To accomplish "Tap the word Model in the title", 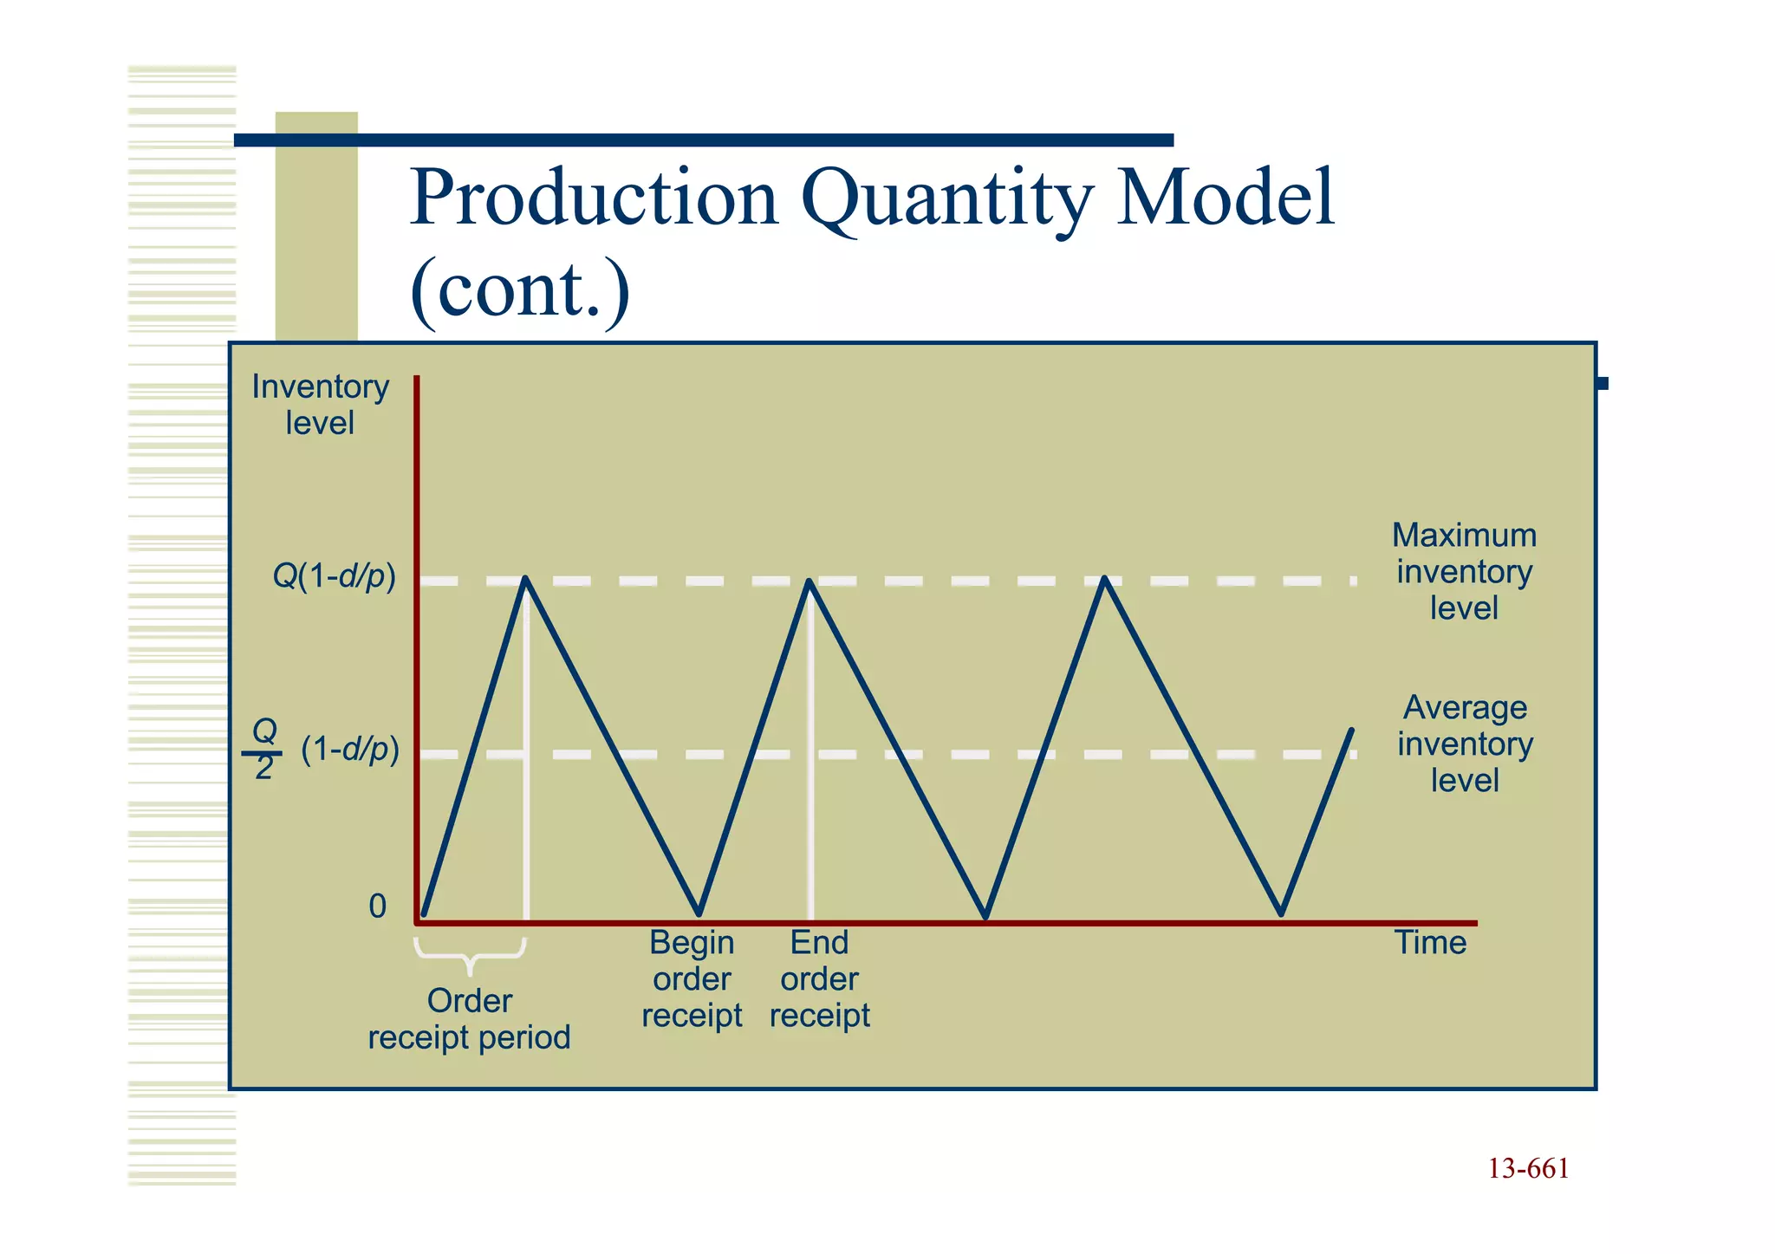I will pos(1225,199).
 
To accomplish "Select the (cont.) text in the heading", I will pos(519,290).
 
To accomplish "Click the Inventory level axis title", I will pos(320,405).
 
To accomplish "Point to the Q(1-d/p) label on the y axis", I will pos(334,576).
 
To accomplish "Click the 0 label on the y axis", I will pos(377,906).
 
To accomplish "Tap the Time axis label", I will pos(1429,943).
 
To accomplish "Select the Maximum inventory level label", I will pos(1464,572).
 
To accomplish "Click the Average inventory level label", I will pos(1464,744).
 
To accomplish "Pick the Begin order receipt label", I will pos(692,979).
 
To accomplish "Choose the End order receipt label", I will pos(819,979).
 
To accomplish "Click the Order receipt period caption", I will pos(469,1020).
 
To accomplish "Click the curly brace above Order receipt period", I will pos(470,954).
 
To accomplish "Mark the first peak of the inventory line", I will pos(526,579).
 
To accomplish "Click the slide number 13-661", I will pos(1528,1169).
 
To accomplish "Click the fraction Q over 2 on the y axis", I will pos(263,750).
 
